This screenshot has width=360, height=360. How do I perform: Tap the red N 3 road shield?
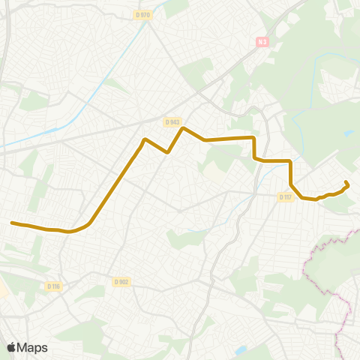pyautogui.click(x=261, y=43)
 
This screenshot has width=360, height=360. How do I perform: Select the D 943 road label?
pyautogui.click(x=172, y=121)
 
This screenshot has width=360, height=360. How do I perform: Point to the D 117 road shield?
pyautogui.click(x=284, y=197)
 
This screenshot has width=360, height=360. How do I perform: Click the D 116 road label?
pyautogui.click(x=52, y=286)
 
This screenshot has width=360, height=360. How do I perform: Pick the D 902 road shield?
pyautogui.click(x=121, y=282)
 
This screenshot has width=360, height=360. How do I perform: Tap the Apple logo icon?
pyautogui.click(x=11, y=347)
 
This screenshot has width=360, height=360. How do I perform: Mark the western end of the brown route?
pyautogui.click(x=11, y=223)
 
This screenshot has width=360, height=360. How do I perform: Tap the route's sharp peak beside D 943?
pyautogui.click(x=184, y=128)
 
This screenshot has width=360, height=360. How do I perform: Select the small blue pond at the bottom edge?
pyautogui.click(x=240, y=350)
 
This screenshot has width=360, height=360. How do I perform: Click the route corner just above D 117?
pyautogui.click(x=290, y=184)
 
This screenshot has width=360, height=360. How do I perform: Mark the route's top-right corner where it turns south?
pyautogui.click(x=255, y=138)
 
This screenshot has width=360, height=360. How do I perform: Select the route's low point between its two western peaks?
pyautogui.click(x=167, y=152)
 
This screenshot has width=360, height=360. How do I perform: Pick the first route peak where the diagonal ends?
pyautogui.click(x=145, y=139)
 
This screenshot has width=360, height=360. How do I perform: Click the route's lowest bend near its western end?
pyautogui.click(x=70, y=232)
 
